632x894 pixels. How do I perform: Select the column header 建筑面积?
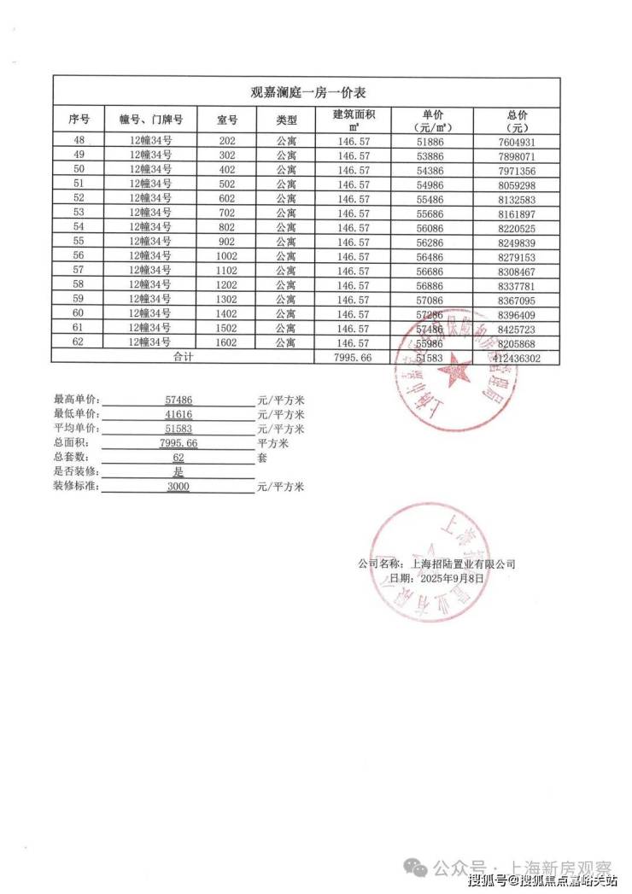pos(353,114)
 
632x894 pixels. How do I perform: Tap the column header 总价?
pos(518,114)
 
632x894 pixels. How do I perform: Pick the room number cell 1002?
pos(226,255)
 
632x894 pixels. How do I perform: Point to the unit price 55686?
pos(432,213)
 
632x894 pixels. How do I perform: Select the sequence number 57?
pos(79,270)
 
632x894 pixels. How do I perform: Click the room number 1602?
pos(226,342)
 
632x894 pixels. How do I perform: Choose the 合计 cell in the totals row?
pos(184,357)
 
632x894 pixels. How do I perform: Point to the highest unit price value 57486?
pos(178,400)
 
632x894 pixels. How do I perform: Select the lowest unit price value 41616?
pos(178,414)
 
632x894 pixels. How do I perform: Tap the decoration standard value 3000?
pos(178,487)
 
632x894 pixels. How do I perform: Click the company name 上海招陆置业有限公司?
pos(462,564)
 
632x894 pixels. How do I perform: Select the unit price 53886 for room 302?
pos(432,156)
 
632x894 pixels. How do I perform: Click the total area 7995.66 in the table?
pos(353,358)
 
